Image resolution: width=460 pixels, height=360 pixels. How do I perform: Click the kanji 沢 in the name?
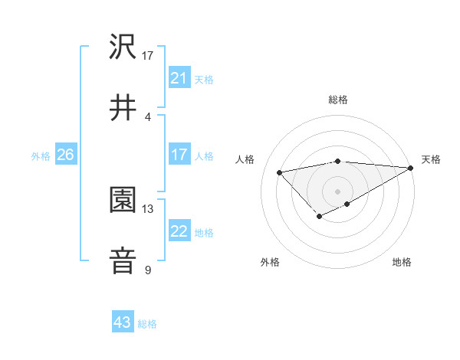tap(123, 47)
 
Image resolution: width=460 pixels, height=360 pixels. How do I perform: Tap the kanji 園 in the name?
tap(123, 200)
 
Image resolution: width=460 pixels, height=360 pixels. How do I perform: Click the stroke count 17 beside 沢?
tap(148, 56)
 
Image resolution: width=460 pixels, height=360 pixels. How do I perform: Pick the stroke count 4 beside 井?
tap(147, 116)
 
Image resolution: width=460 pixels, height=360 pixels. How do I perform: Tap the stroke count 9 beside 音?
tap(147, 269)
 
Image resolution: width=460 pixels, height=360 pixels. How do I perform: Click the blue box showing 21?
tap(179, 78)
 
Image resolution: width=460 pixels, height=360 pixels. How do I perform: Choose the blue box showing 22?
tap(179, 231)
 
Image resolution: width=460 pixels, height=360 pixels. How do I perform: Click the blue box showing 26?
tap(65, 155)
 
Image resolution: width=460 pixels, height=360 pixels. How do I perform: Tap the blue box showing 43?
tap(123, 322)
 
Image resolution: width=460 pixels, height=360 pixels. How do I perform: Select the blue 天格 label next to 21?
tap(204, 79)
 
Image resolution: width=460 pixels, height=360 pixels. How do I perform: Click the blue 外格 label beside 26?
tap(41, 156)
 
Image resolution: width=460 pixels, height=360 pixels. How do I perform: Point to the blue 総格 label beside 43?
tap(147, 323)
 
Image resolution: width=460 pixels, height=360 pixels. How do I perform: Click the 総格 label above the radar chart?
tap(337, 100)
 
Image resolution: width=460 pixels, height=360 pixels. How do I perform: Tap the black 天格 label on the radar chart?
tap(431, 159)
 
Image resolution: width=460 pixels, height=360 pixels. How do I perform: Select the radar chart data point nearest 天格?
tap(410, 168)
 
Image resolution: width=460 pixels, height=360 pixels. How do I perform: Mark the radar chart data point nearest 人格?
tap(279, 172)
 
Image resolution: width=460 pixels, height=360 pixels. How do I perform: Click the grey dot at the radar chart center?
tap(337, 191)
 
